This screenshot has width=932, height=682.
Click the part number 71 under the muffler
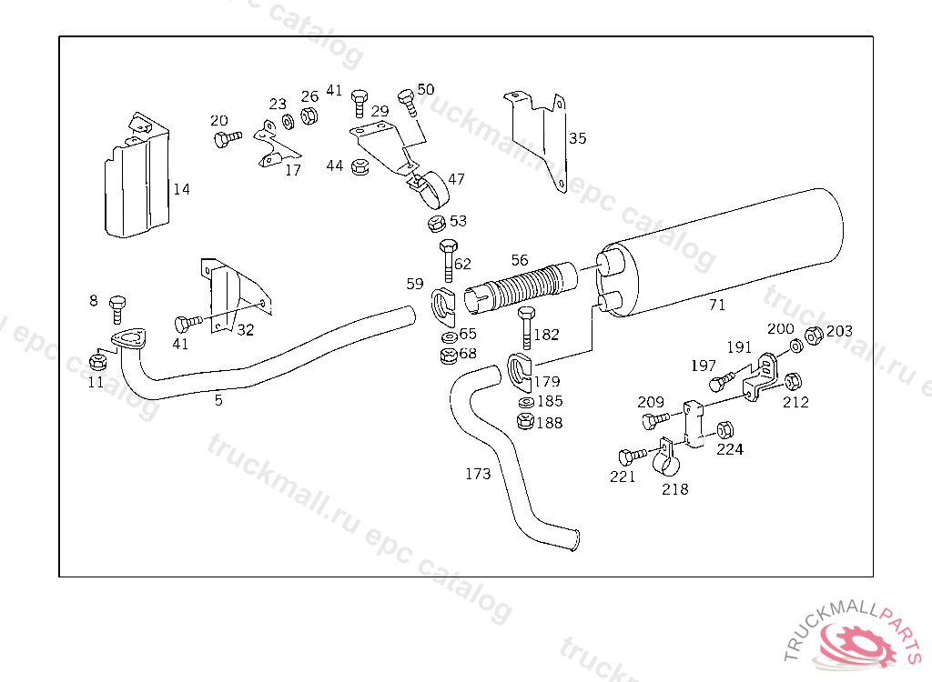tap(717, 305)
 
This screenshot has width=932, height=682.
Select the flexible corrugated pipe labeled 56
tap(521, 287)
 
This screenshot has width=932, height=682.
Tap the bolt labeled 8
tap(117, 309)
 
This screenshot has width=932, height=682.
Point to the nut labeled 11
tap(97, 361)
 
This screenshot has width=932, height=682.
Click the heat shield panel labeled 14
tap(137, 176)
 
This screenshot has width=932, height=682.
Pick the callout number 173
tap(478, 474)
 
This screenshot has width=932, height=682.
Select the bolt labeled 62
tap(449, 259)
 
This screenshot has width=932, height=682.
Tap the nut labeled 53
tap(437, 224)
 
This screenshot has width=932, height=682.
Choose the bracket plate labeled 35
tap(538, 140)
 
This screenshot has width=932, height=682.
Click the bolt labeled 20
tap(227, 139)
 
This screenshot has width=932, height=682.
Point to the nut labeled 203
tap(814, 336)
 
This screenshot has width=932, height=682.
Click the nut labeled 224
tap(724, 429)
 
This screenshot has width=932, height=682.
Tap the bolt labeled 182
tap(526, 326)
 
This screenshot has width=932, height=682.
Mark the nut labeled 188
tap(525, 421)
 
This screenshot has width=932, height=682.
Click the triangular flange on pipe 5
tap(128, 339)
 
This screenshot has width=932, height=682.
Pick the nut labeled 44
tap(360, 167)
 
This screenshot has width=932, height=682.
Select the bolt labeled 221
tap(633, 456)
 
